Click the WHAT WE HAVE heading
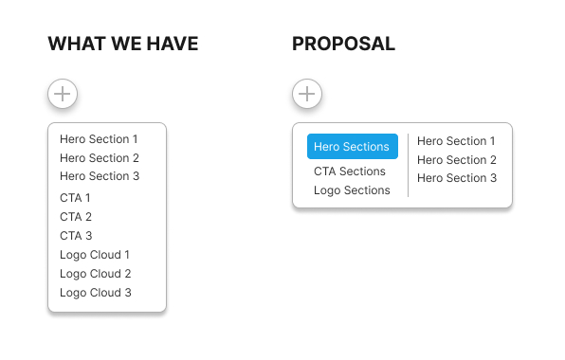(123, 44)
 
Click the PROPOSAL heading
(343, 44)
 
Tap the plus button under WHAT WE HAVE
(63, 94)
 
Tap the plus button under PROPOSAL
(307, 94)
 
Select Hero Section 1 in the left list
(99, 139)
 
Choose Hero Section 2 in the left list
(99, 158)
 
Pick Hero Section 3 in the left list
(99, 176)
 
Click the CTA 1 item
(75, 198)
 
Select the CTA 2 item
(76, 217)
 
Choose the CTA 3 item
(76, 236)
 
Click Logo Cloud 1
(95, 255)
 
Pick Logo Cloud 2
(95, 274)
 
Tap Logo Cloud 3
(95, 293)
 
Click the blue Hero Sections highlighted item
(352, 147)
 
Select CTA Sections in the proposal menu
(350, 171)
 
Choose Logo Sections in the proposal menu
(352, 190)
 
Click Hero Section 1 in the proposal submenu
(457, 141)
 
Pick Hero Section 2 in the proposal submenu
(457, 160)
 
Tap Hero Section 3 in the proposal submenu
(457, 178)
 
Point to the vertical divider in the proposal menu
(408, 165)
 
